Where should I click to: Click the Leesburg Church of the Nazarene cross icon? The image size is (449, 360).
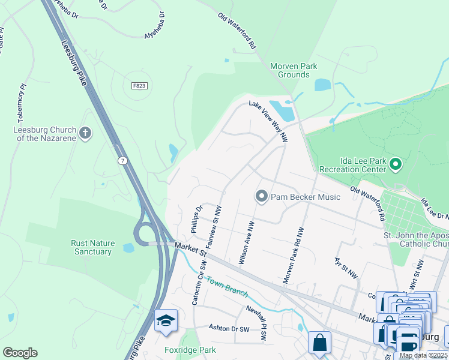tap(85, 133)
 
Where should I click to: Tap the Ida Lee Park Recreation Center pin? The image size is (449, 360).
tap(396, 163)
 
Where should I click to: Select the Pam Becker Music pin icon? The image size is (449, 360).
tap(261, 196)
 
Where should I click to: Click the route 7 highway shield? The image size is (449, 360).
tap(122, 161)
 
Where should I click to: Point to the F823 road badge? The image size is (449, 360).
tap(139, 86)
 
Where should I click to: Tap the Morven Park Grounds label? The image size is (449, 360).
tap(294, 70)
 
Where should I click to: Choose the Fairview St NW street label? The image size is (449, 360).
tap(214, 228)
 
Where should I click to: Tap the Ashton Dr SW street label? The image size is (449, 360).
tap(228, 328)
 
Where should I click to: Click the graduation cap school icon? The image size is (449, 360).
tap(165, 320)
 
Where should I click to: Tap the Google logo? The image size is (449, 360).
tap(20, 352)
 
